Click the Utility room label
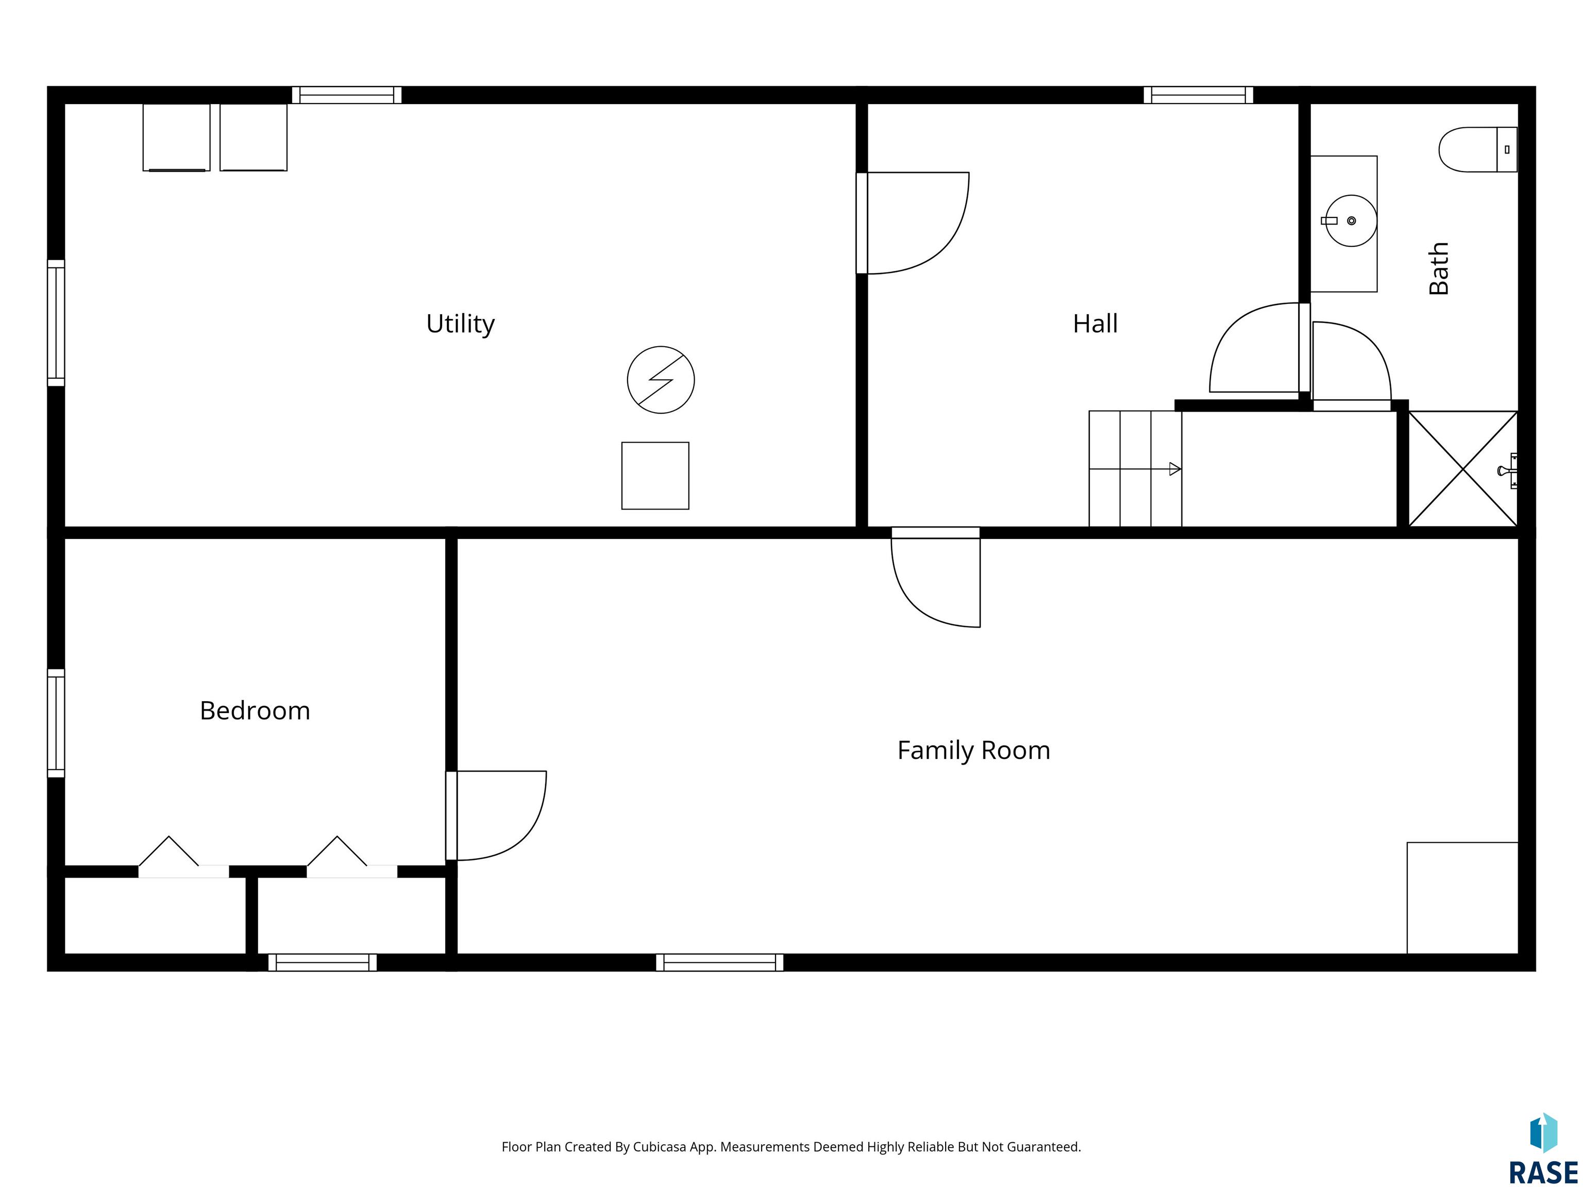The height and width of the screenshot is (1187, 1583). tap(460, 324)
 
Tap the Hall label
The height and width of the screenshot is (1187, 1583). tap(1095, 324)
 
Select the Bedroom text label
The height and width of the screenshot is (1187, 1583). tap(255, 710)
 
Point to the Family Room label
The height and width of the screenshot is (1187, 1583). tap(973, 750)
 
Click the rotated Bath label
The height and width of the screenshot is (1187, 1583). tap(1438, 268)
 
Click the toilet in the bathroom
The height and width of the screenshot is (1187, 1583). tap(1478, 149)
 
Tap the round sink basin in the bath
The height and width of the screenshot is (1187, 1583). tap(1351, 221)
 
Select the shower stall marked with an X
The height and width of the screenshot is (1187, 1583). tap(1463, 469)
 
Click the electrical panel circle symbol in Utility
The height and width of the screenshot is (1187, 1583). tap(661, 380)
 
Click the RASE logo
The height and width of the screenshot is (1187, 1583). tap(1543, 1150)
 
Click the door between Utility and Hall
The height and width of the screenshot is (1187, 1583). tap(913, 223)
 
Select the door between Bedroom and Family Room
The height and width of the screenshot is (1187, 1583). tap(496, 816)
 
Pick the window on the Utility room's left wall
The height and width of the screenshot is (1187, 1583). tap(56, 323)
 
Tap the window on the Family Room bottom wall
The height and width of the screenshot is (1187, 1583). tap(719, 962)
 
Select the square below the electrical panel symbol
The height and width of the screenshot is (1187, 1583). tap(655, 476)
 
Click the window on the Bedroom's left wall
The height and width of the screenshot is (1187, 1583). tap(56, 723)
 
